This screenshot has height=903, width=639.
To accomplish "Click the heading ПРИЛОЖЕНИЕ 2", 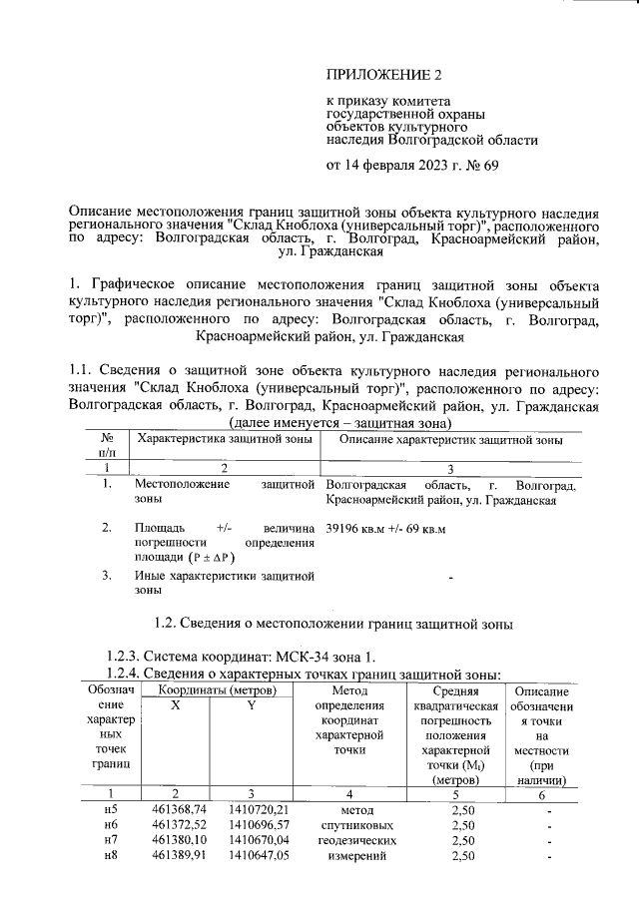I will point(383,75).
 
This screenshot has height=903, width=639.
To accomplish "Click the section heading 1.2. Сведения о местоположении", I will point(333,625).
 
